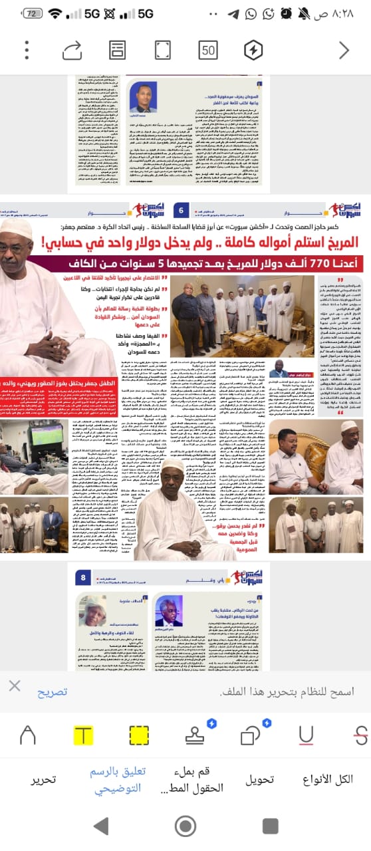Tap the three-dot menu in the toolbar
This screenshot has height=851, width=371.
tap(27, 51)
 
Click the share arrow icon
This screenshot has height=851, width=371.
tap(72, 51)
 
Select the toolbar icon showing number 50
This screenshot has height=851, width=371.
tap(208, 51)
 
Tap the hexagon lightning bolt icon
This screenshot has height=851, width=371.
tap(253, 51)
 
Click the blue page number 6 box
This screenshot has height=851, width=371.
tap(182, 229)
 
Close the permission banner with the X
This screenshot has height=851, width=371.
tap(15, 686)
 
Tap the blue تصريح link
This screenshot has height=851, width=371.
tap(52, 691)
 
